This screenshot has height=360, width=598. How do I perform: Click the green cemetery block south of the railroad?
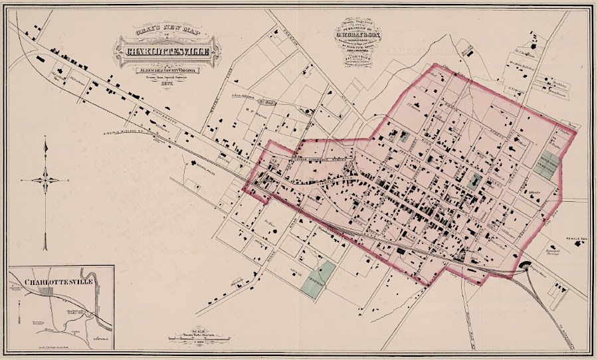click(x=318, y=278)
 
